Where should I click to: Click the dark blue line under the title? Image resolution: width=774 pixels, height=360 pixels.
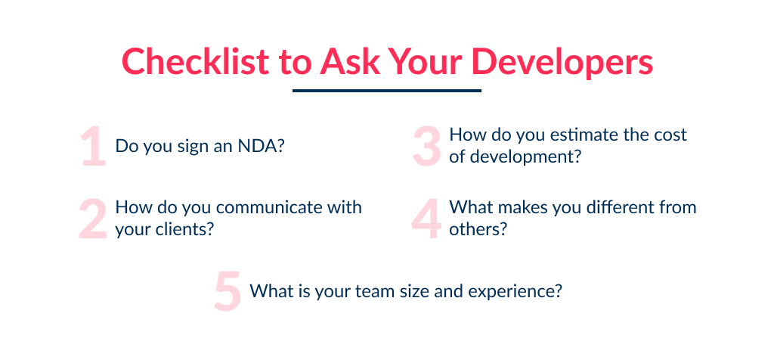coord(386,91)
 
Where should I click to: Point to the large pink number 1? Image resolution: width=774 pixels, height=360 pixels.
coord(93,146)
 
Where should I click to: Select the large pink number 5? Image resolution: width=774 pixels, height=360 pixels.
coord(227,292)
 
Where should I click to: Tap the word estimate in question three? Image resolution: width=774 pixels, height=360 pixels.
coord(558,135)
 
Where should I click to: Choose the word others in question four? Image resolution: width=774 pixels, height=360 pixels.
coord(474,230)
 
